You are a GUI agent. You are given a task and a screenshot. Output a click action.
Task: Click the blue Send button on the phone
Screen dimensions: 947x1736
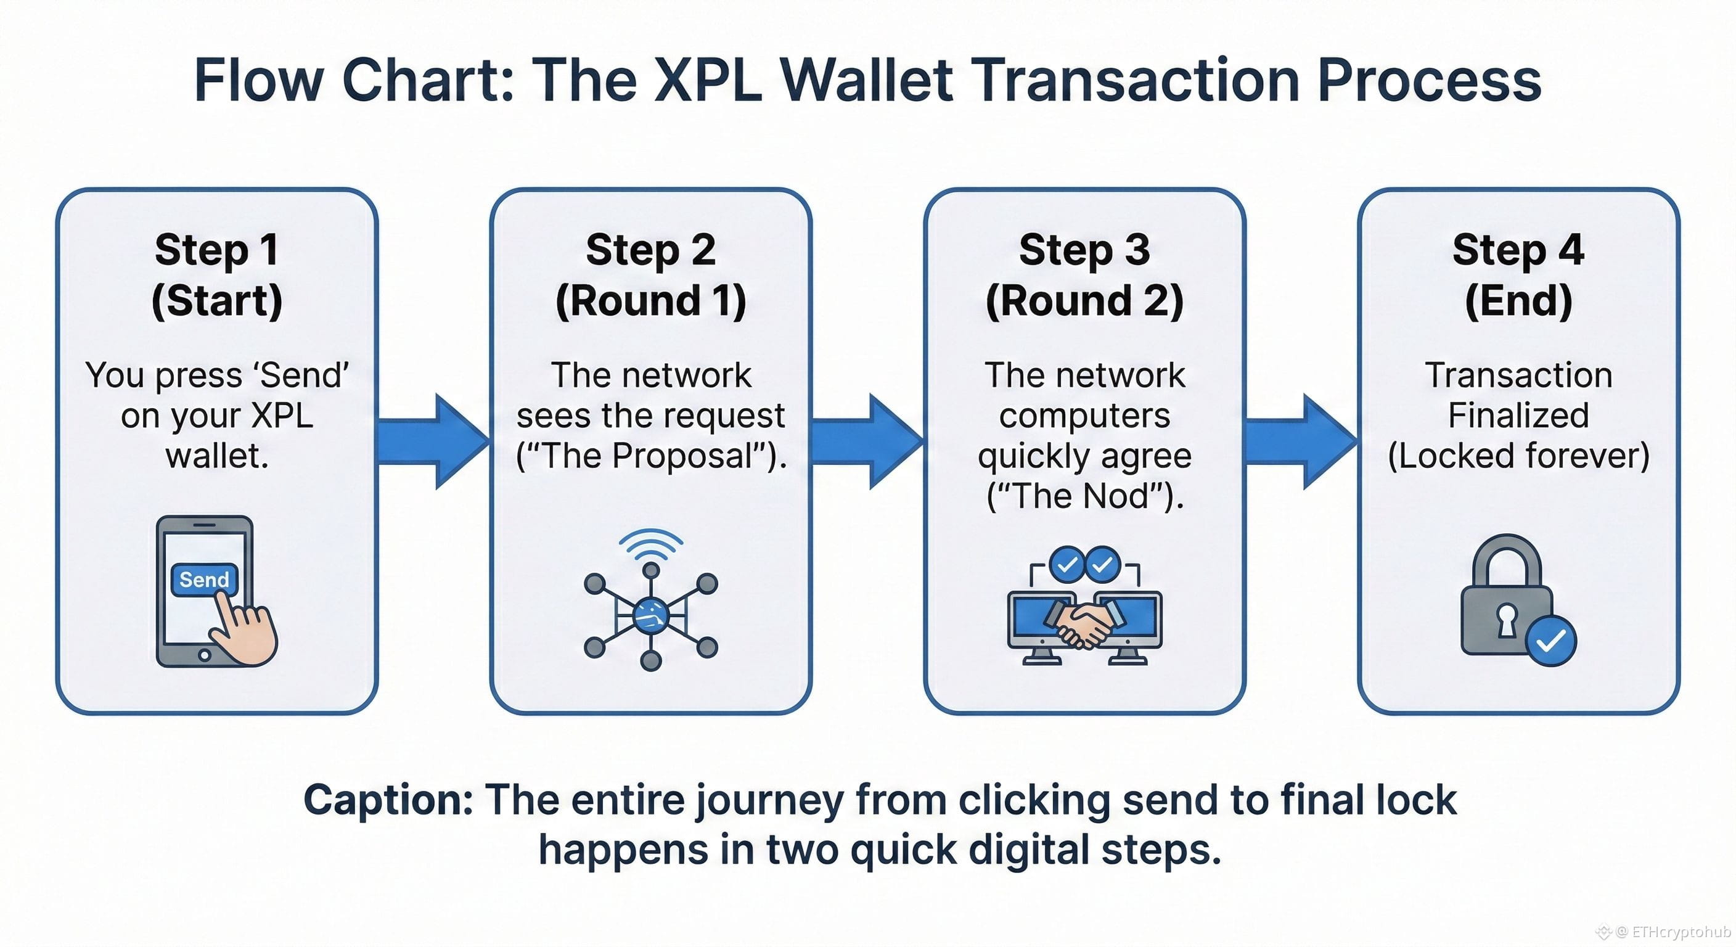click(204, 579)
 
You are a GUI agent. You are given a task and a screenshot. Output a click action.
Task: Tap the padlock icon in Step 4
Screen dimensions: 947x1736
click(1507, 600)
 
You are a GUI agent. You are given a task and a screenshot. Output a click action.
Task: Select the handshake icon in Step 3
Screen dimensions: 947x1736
click(1084, 623)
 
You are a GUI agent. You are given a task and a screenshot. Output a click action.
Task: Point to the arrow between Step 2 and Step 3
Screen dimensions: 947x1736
click(867, 441)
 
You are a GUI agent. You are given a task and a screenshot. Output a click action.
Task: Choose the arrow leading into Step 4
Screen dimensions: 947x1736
click(1301, 441)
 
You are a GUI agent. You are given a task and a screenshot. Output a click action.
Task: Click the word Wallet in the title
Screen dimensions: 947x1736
click(866, 81)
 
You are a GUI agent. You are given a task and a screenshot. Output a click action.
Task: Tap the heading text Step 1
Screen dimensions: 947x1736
click(216, 250)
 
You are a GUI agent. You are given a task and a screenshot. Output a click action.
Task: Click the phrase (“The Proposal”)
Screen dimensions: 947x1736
click(651, 456)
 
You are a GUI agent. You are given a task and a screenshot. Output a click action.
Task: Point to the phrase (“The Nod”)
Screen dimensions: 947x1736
click(1084, 497)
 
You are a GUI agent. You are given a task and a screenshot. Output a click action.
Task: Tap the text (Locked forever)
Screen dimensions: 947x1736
click(1518, 456)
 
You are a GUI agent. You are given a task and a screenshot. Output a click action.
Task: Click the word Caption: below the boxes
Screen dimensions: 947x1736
click(388, 800)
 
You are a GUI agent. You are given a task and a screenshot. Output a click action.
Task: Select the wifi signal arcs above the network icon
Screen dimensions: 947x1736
click(651, 543)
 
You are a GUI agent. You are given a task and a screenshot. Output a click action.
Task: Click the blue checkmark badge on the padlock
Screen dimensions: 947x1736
click(1550, 641)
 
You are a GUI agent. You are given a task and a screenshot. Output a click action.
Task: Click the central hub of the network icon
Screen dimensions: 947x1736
click(650, 615)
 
